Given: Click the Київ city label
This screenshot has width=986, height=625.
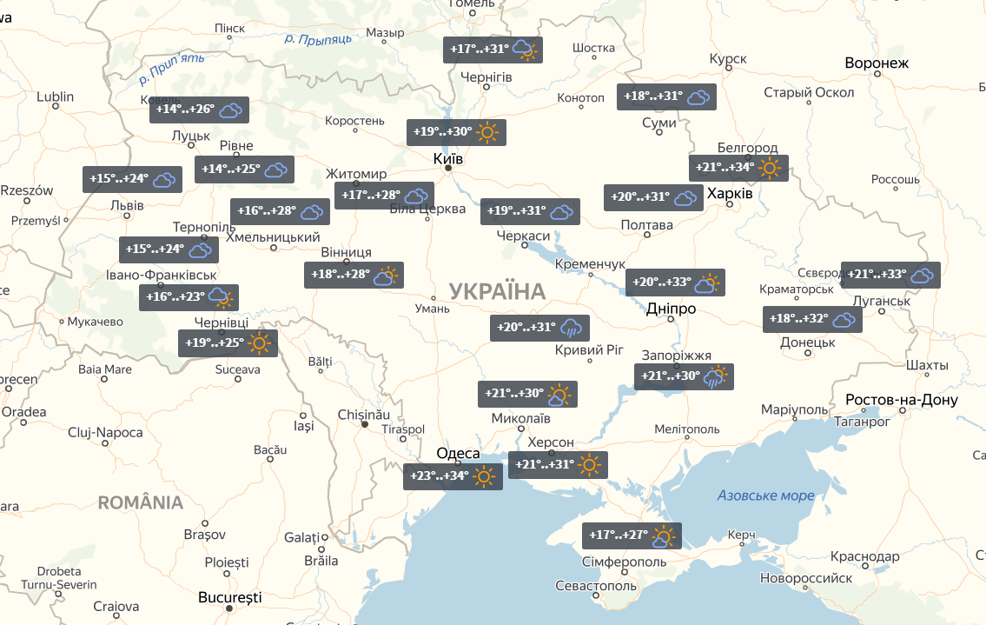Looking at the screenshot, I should (448, 159).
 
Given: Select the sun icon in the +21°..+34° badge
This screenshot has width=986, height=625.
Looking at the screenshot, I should (770, 168).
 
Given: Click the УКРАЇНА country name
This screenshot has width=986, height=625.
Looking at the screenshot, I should (497, 292).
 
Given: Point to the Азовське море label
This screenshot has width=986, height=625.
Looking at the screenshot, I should (765, 495).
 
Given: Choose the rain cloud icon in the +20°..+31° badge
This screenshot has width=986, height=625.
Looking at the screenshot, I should (571, 328).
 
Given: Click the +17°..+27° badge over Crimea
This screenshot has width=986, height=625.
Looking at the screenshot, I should (631, 535).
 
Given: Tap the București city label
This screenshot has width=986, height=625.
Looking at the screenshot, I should (229, 598).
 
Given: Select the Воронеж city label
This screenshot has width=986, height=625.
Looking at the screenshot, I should (877, 63).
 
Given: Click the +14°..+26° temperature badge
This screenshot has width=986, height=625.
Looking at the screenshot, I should (199, 110).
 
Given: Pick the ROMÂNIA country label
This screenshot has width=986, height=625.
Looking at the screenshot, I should (141, 502).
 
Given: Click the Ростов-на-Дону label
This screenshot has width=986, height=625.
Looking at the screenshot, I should (901, 400).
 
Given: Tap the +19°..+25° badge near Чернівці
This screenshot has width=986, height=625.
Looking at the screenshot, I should (227, 342).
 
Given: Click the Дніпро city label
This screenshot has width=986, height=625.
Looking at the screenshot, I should (671, 309).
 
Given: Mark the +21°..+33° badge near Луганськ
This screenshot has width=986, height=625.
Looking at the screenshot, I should (890, 275).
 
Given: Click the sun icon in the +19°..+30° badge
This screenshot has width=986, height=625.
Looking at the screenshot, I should (487, 132).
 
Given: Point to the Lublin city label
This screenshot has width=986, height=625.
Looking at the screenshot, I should (56, 96).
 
